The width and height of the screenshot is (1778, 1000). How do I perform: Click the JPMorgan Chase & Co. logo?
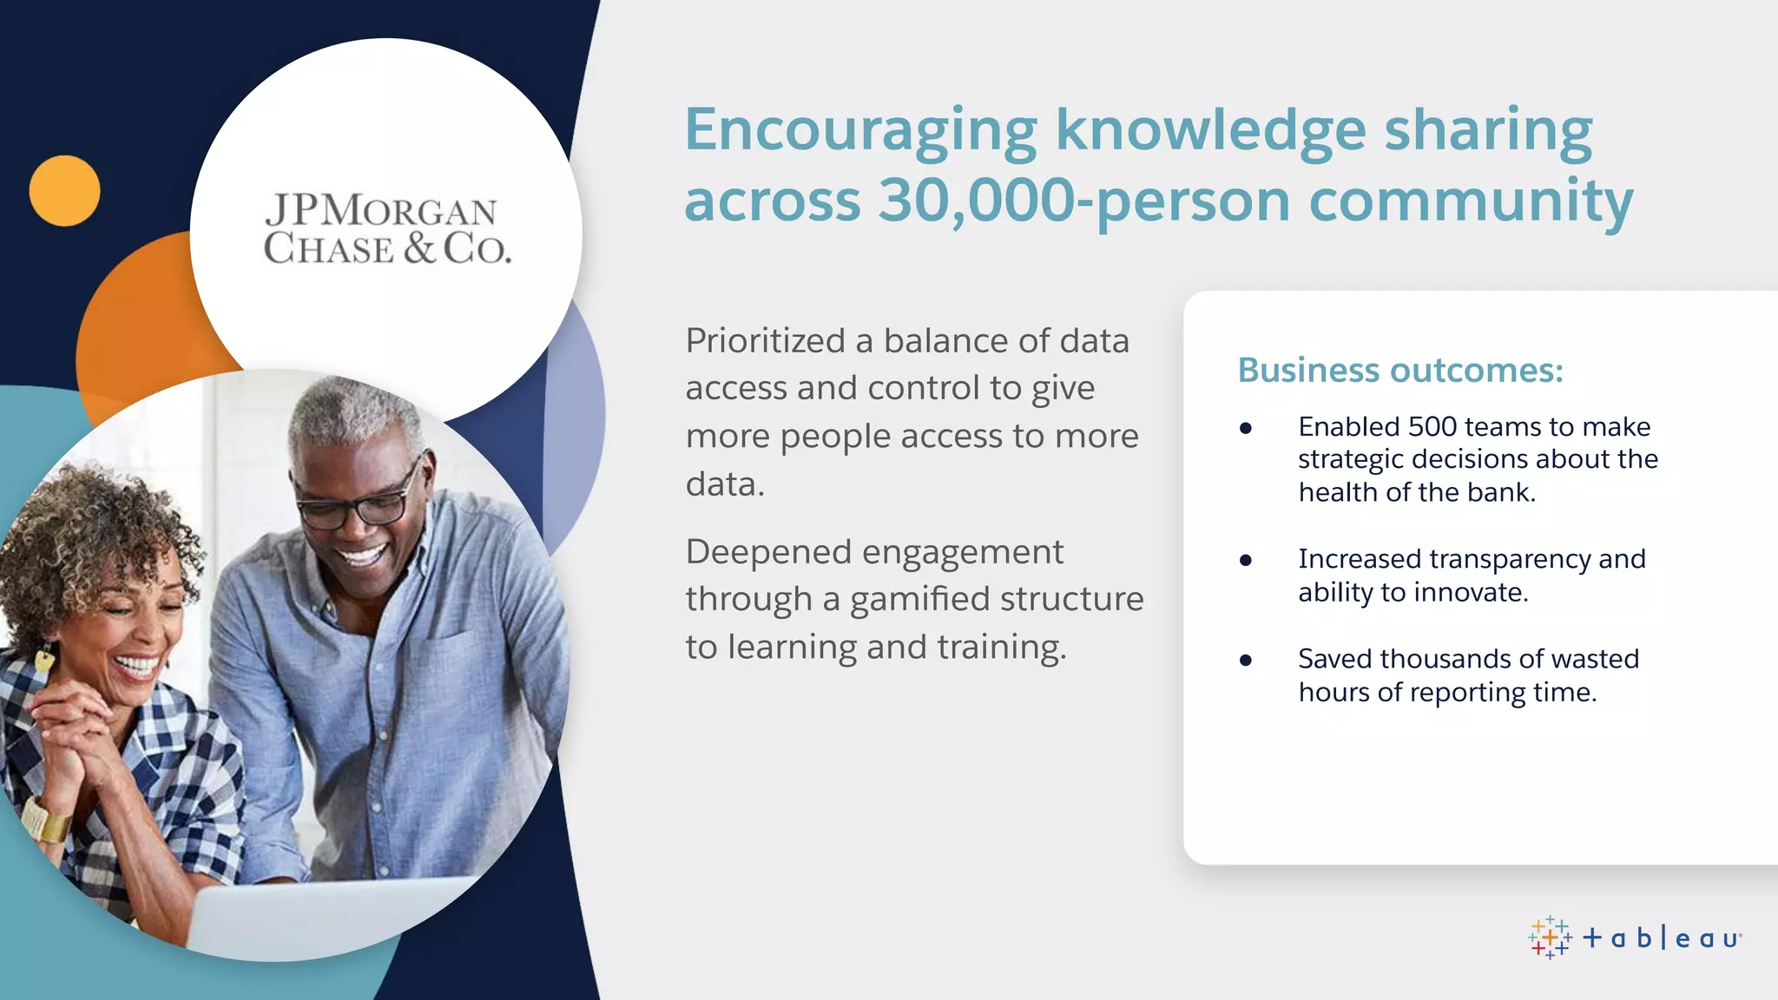387,229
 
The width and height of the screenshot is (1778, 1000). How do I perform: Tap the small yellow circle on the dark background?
64,191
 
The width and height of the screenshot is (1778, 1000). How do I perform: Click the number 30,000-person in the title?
1084,201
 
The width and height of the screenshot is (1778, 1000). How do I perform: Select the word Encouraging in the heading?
860,130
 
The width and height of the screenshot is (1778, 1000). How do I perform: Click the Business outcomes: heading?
1399,370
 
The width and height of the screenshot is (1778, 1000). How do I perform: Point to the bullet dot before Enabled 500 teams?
1246,428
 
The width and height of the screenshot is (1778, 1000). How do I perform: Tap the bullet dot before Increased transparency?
1246,561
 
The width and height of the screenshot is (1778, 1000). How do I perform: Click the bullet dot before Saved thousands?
1246,661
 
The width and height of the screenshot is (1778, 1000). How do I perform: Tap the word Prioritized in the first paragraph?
765,340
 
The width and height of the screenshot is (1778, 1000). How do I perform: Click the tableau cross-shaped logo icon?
1550,937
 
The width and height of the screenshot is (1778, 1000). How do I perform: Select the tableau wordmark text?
1662,938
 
